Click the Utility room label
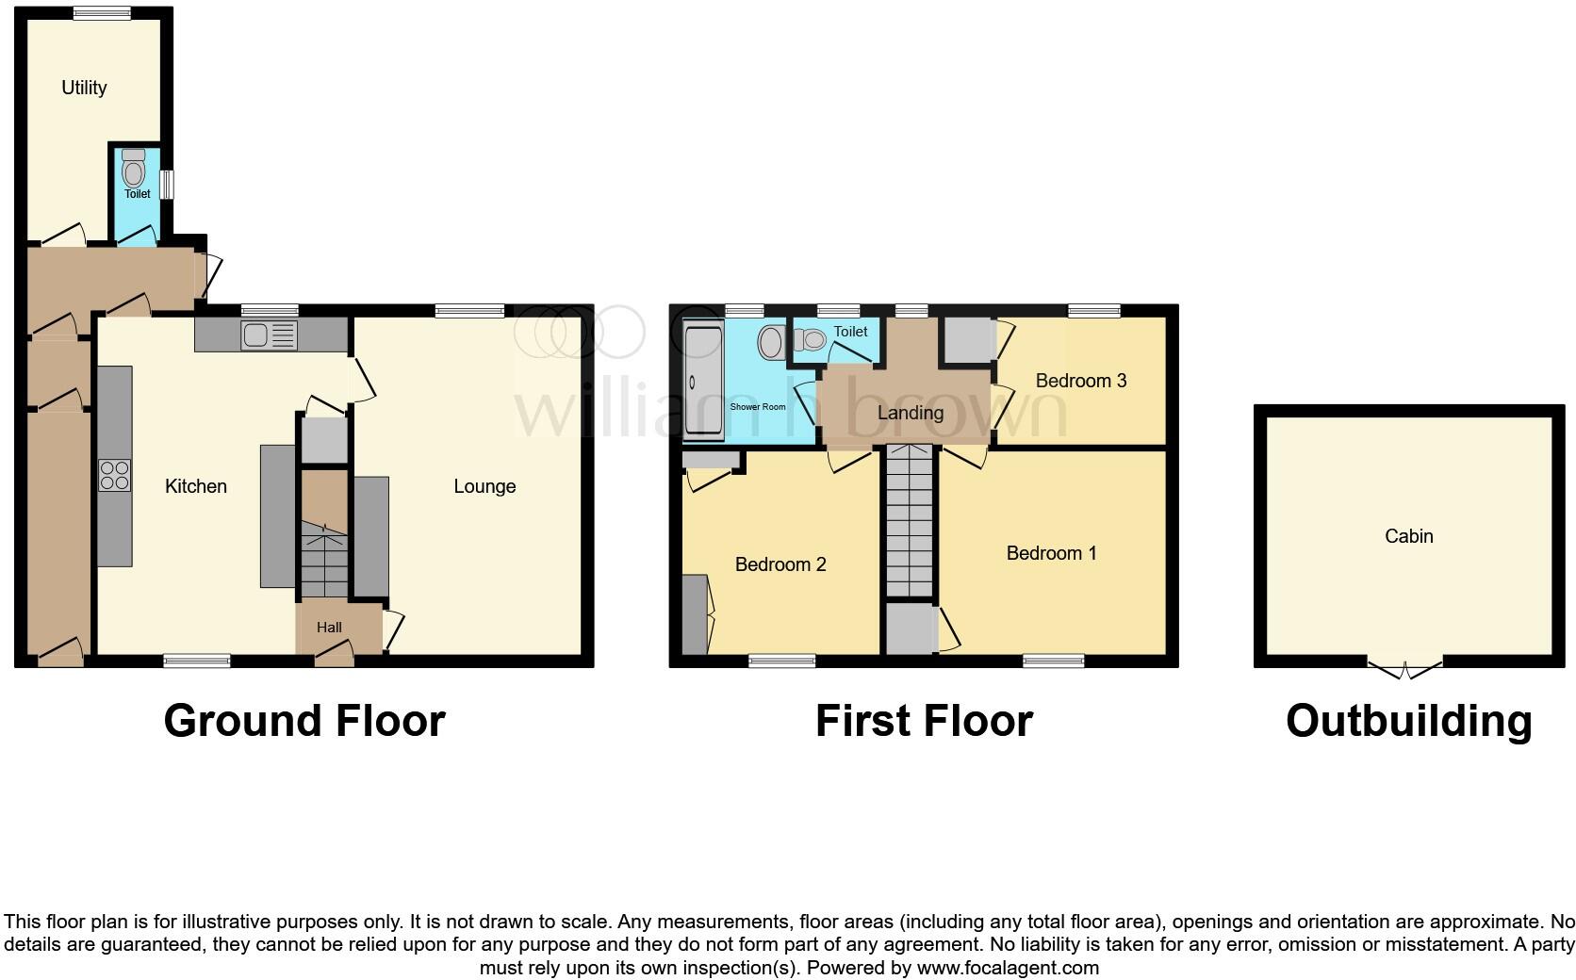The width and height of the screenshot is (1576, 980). point(84,88)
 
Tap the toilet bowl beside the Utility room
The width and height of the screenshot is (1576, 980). point(134,172)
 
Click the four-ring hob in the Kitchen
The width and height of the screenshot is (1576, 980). point(114,475)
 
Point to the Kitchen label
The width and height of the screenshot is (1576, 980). point(196,486)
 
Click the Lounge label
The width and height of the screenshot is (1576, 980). point(484,486)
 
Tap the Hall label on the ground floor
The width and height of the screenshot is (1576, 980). point(329,628)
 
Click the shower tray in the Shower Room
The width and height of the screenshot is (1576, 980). point(703,381)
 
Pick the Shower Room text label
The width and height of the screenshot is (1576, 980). point(758,407)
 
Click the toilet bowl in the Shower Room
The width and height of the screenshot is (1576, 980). point(771,343)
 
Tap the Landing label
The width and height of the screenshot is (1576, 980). point(910,413)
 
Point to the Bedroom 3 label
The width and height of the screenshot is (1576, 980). point(1080,381)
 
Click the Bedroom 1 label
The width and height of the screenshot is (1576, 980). point(1051,553)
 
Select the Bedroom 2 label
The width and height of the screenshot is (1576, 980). point(780,564)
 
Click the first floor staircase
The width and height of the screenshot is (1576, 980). point(910,521)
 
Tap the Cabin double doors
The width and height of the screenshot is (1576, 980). point(1404,670)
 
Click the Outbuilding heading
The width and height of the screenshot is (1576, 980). point(1408,722)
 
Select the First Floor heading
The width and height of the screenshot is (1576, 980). point(924,722)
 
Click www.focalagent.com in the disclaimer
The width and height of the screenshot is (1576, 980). point(1008,968)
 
